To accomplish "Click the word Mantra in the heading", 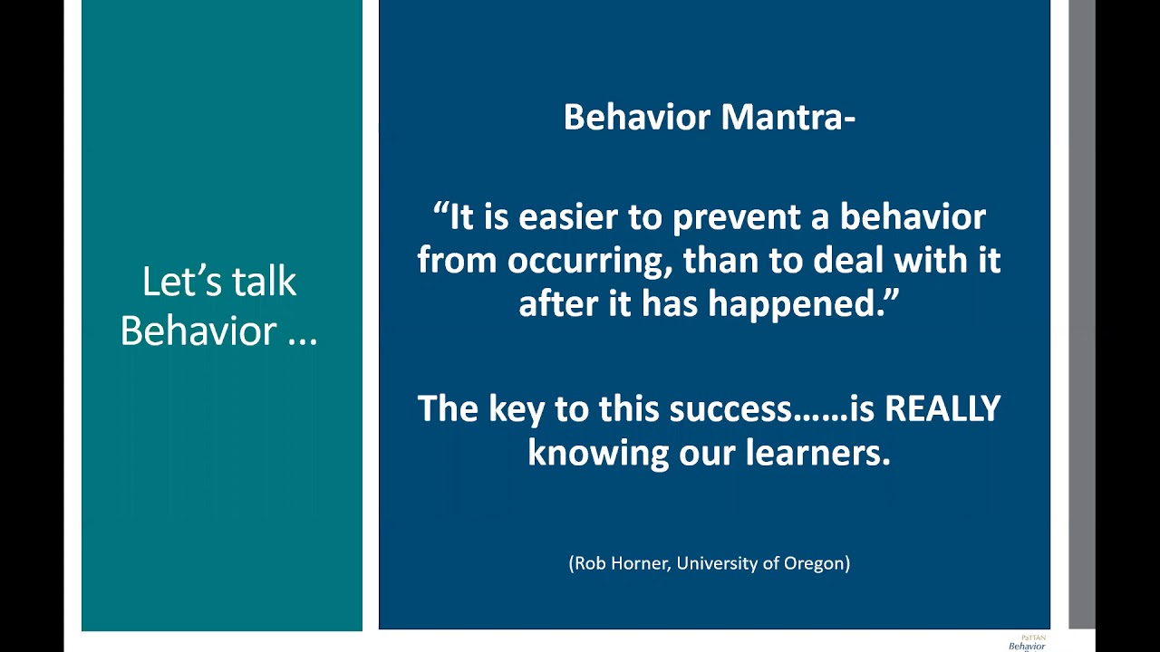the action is coord(788,117).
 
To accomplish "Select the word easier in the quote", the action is coord(567,216).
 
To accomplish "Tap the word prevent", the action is coord(736,217).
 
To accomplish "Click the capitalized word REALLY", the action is coord(942,408).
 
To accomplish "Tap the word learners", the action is coord(817,454).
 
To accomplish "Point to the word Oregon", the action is coord(817,563).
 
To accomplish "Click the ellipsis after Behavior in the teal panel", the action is coord(302,341).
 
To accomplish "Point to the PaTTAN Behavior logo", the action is coord(1027,643).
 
